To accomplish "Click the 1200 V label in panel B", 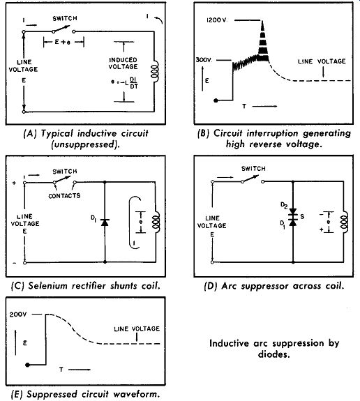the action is coord(217,20).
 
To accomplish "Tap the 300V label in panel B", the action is coord(204,60).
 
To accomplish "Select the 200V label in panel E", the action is coord(18,315).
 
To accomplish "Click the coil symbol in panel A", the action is coord(155,71).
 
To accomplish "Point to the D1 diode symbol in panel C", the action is coord(105,222).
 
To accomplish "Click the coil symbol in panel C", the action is coord(156,222).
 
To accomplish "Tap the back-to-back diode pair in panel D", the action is coord(293,217).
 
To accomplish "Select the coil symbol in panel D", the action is coord(345,222).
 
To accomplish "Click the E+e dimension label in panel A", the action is coord(63,43).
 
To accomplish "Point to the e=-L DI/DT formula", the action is coord(125,82).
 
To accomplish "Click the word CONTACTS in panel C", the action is coord(64,196).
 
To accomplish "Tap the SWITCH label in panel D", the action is coord(253,169).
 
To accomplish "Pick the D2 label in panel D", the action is coord(284,205).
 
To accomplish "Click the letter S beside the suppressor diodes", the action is coord(302,217).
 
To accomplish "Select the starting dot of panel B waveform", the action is coord(216,100).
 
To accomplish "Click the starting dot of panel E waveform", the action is coord(28,365).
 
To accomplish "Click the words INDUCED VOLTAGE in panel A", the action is coord(123,63).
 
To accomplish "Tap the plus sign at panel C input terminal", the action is coord(14,183).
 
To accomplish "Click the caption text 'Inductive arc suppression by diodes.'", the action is coord(274,349).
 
